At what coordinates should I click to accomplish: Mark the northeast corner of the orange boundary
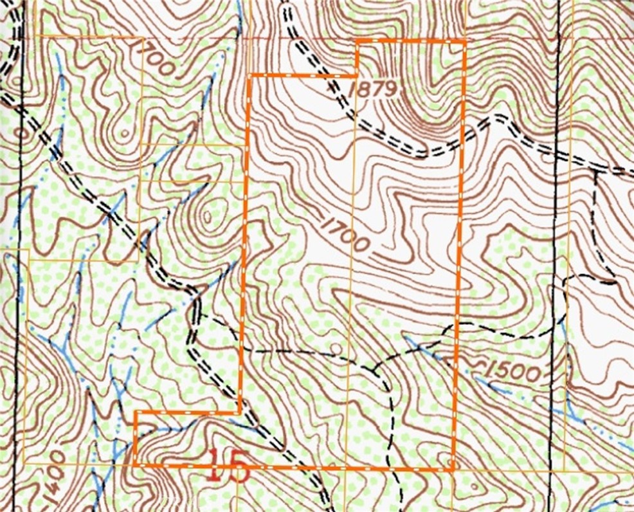(x=464, y=41)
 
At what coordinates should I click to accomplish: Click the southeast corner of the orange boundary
(x=454, y=470)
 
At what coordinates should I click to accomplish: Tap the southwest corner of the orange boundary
(x=136, y=464)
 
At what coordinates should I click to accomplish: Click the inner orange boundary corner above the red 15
(x=240, y=412)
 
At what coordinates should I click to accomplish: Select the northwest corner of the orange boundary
(x=249, y=75)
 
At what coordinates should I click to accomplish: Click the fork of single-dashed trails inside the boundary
(x=375, y=369)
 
